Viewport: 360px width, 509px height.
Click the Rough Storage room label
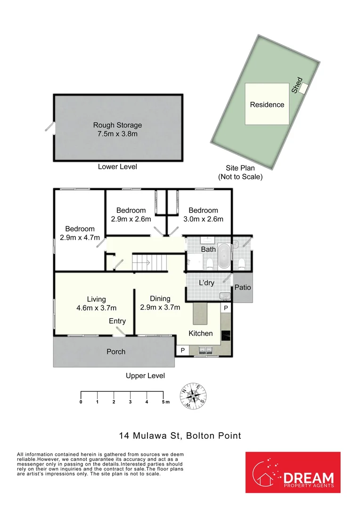click(x=117, y=125)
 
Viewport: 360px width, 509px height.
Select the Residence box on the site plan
click(x=267, y=104)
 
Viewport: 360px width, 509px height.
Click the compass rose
click(x=194, y=396)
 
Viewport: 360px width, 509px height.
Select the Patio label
click(x=243, y=287)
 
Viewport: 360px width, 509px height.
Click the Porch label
click(x=116, y=352)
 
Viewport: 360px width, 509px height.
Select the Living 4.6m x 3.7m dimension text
click(x=96, y=308)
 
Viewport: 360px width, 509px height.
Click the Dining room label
click(x=160, y=298)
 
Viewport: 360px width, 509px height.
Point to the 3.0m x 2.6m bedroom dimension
click(x=203, y=219)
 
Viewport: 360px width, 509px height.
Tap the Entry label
click(x=117, y=321)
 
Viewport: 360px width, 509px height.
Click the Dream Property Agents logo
click(x=293, y=476)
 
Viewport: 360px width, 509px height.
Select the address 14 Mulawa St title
click(x=180, y=436)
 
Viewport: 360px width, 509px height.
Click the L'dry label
click(x=206, y=283)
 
